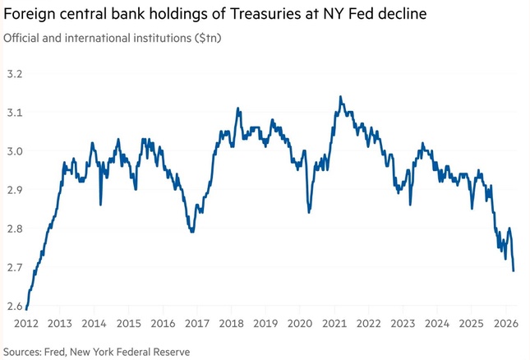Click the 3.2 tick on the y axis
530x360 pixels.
tap(15, 74)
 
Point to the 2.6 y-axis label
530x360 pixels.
tap(15, 307)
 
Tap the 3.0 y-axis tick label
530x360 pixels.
tap(15, 151)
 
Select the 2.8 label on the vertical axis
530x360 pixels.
tap(15, 228)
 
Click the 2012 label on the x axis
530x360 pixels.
tap(26, 324)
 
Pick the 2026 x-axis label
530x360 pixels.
tap(505, 324)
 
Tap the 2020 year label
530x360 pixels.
tap(300, 324)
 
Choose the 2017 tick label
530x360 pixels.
tap(197, 324)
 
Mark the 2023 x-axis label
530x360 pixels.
tap(403, 324)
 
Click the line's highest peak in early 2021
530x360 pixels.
tap(340, 97)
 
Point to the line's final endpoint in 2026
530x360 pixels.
tap(514, 270)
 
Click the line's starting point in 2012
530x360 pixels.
tap(26, 309)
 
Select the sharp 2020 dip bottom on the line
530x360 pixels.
tap(309, 212)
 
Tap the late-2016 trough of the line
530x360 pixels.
tap(192, 232)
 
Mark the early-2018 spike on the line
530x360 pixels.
tap(238, 108)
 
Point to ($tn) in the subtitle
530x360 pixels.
tap(208, 38)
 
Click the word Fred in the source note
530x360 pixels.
tap(54, 352)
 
